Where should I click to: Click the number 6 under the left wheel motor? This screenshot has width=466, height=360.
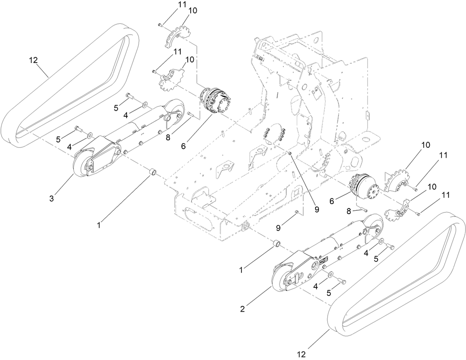click(183, 146)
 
